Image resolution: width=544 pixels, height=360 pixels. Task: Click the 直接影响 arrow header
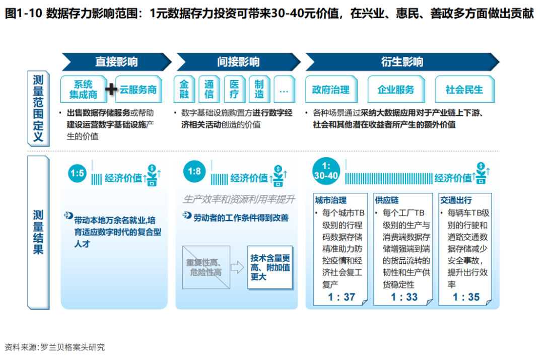117,62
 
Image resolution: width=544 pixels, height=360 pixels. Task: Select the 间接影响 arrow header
238,62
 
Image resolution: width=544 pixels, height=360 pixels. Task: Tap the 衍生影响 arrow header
401,62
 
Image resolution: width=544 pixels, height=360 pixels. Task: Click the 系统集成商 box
84,89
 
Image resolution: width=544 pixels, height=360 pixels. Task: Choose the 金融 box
184,90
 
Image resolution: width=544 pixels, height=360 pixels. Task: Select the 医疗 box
234,90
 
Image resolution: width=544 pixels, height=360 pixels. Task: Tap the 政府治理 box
330,90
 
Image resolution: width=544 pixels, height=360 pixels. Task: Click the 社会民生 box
464,90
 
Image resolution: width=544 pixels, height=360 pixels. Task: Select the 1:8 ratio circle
194,172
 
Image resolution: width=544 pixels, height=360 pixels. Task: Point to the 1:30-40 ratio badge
326,171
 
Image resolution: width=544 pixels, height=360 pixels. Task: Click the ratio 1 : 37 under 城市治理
342,297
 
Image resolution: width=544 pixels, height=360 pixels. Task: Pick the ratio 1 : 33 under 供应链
404,297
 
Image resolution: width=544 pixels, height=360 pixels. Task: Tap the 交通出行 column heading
456,200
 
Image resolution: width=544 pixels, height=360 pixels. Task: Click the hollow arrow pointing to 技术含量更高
237,267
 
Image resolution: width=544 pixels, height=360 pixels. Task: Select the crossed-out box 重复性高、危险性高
206,267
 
